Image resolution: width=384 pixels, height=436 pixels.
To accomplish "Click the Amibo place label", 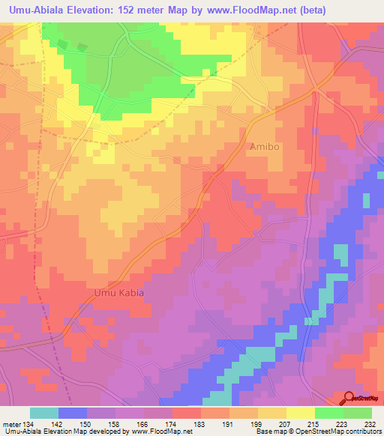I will point(263,147).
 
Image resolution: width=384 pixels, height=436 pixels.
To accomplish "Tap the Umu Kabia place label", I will point(118,293).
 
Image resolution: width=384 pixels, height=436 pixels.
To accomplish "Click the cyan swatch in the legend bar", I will point(44,413).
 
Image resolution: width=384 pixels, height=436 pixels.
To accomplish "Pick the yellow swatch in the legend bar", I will point(301,413).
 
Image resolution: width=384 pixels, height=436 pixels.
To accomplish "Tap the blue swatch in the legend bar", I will point(73,413).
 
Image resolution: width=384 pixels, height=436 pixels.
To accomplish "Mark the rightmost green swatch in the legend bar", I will point(358,413).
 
